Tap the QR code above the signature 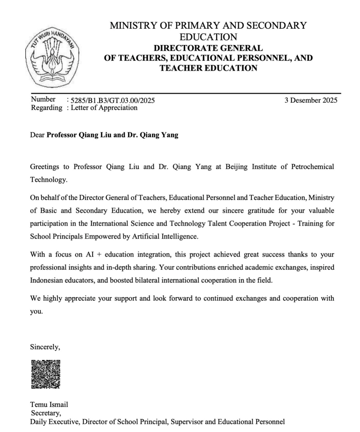pos(46,374)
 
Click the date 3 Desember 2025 pos(311,100)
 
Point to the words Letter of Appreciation pos(104,108)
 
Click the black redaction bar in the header pos(213,82)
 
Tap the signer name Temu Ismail pos(49,405)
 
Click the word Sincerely pos(45,347)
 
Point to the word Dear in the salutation pos(37,135)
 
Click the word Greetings pos(44,166)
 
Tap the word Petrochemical pos(312,166)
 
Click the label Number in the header pos(43,99)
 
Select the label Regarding pos(47,108)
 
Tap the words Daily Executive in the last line pos(55,422)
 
